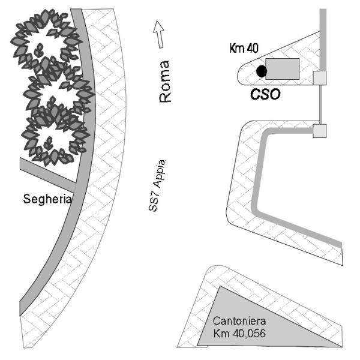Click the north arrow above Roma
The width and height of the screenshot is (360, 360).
(x=159, y=34)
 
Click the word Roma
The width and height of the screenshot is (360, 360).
(x=166, y=82)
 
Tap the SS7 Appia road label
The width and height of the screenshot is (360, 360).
(x=157, y=185)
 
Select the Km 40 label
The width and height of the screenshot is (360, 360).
(x=244, y=48)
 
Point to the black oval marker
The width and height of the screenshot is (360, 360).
(x=262, y=71)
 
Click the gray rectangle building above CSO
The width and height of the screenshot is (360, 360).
(x=283, y=69)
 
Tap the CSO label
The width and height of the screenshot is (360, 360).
(x=265, y=94)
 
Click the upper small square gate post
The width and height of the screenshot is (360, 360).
(x=320, y=78)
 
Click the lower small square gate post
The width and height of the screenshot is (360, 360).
(x=320, y=131)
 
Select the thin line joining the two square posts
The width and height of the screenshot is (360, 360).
(x=320, y=104)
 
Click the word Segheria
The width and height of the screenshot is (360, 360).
(x=47, y=199)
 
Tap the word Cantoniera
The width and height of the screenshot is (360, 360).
(x=239, y=321)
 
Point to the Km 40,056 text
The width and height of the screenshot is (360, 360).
(x=239, y=333)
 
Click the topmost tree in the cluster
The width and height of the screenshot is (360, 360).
(x=46, y=39)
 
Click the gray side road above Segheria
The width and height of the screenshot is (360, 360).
(x=48, y=175)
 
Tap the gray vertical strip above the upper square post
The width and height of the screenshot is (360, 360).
(x=323, y=40)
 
